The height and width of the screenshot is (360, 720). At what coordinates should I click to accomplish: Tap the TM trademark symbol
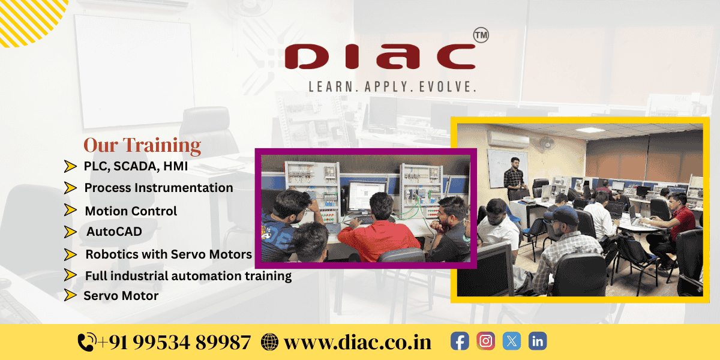click(x=481, y=35)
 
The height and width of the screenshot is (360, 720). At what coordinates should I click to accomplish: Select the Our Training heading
click(x=142, y=145)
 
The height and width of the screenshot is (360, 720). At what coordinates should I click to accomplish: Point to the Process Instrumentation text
click(x=158, y=188)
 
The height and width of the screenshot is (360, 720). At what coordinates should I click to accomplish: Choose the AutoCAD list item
click(x=114, y=231)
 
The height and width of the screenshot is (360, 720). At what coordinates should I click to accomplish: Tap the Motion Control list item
click(x=131, y=211)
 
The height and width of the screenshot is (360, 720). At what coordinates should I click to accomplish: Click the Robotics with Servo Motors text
click(x=169, y=254)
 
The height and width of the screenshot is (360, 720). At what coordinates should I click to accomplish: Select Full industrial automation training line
click(x=188, y=276)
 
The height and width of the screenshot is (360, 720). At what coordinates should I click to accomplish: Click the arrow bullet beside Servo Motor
click(x=70, y=295)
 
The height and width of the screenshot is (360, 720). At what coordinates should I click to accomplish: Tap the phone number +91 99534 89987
click(x=174, y=342)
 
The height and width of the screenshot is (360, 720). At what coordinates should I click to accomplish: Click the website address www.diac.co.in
click(x=358, y=342)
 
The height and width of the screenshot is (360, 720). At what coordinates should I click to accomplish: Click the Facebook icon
click(x=460, y=341)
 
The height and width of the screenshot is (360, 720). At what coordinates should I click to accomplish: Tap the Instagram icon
click(x=486, y=341)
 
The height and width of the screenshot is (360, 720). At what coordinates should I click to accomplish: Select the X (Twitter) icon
click(x=512, y=341)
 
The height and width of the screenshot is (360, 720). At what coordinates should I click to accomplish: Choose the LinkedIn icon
click(x=538, y=341)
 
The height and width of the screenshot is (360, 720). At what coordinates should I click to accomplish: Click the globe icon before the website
click(x=270, y=342)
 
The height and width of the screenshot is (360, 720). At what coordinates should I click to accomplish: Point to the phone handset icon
click(x=86, y=342)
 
